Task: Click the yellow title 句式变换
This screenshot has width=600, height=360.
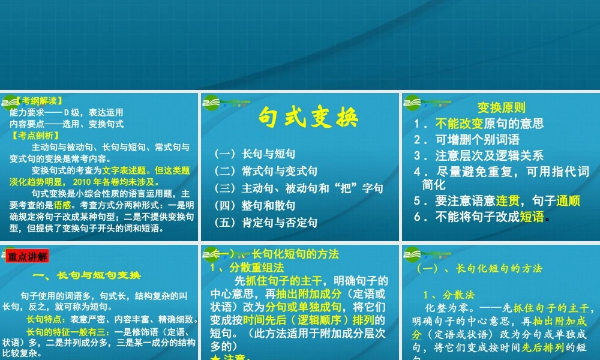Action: coord(308,118)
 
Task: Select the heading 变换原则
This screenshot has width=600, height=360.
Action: coord(501,108)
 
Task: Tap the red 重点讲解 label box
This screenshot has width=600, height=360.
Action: coord(28,257)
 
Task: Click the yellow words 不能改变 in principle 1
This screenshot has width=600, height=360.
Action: coord(459,124)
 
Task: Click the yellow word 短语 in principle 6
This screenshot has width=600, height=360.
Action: coord(532,217)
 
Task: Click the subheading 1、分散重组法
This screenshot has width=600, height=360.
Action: coord(247,268)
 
